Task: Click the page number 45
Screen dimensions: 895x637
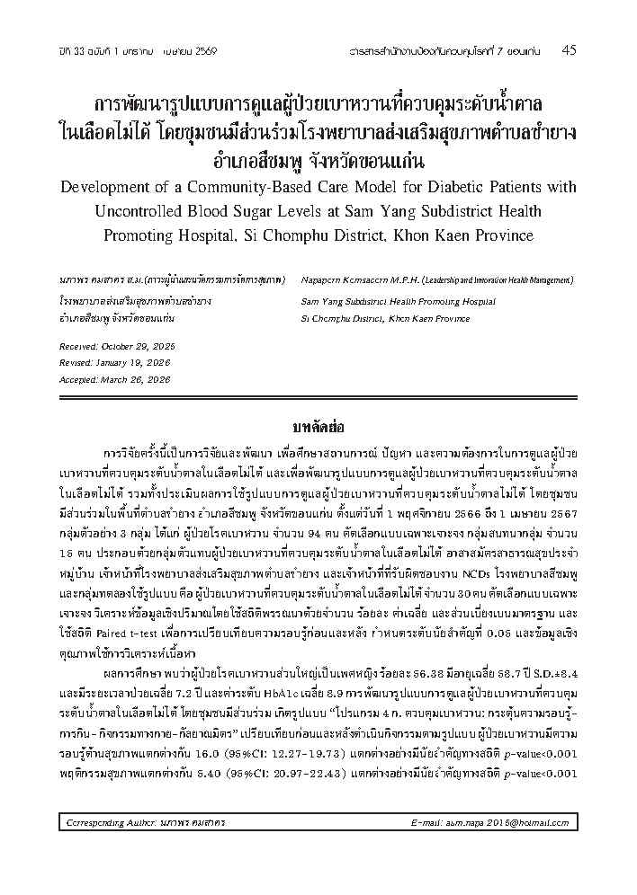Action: click(x=569, y=50)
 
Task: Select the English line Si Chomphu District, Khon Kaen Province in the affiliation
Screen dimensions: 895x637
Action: click(x=385, y=318)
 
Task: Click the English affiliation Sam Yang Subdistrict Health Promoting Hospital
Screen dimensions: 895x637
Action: click(x=397, y=301)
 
